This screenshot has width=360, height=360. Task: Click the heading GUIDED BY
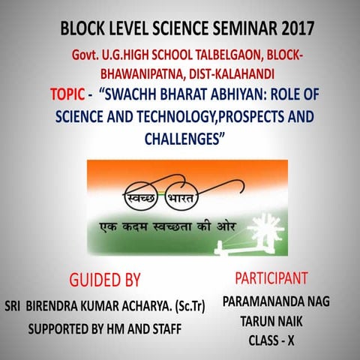(104, 280)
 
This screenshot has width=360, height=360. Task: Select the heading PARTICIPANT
(271, 278)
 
